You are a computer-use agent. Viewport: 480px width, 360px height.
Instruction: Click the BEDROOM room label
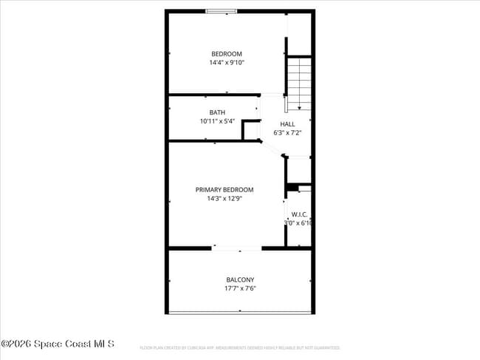point(226,54)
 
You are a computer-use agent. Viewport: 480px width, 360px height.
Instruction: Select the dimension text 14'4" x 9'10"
point(226,63)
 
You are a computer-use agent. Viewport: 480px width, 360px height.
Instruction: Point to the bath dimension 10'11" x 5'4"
point(217,121)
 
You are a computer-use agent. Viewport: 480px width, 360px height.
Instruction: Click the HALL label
point(287,124)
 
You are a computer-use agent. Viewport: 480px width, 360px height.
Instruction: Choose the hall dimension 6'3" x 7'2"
point(287,133)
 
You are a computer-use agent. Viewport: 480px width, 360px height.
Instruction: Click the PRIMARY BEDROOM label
point(224,190)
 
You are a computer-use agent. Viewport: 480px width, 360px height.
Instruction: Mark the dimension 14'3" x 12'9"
point(224,199)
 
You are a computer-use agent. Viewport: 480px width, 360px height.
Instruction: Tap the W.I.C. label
point(299,214)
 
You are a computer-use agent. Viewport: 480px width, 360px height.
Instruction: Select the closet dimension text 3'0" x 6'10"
point(298,223)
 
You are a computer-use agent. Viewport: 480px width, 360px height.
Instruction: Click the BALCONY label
point(240,279)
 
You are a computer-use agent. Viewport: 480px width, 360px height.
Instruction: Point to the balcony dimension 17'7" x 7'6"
point(240,288)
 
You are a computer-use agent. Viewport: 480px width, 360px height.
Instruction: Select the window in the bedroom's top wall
point(221,11)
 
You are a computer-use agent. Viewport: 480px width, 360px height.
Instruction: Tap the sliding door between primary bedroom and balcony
point(237,248)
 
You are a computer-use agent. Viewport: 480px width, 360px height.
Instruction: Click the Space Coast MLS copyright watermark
point(58,344)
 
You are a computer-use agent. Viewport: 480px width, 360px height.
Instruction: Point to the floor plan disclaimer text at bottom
point(239,347)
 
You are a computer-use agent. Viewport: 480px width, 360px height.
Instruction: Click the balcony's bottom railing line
point(240,312)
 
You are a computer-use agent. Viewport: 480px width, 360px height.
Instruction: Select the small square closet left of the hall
point(252,131)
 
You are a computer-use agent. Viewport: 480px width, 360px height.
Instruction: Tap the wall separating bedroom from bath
point(214,95)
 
